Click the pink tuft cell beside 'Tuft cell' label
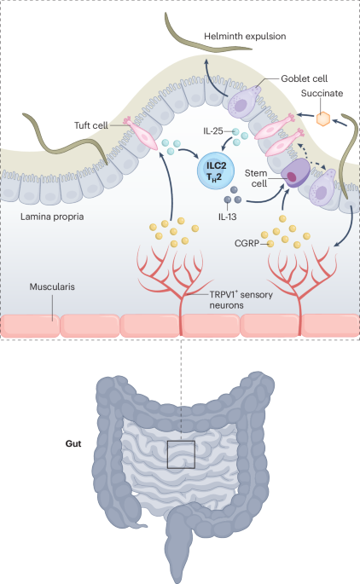143,133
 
